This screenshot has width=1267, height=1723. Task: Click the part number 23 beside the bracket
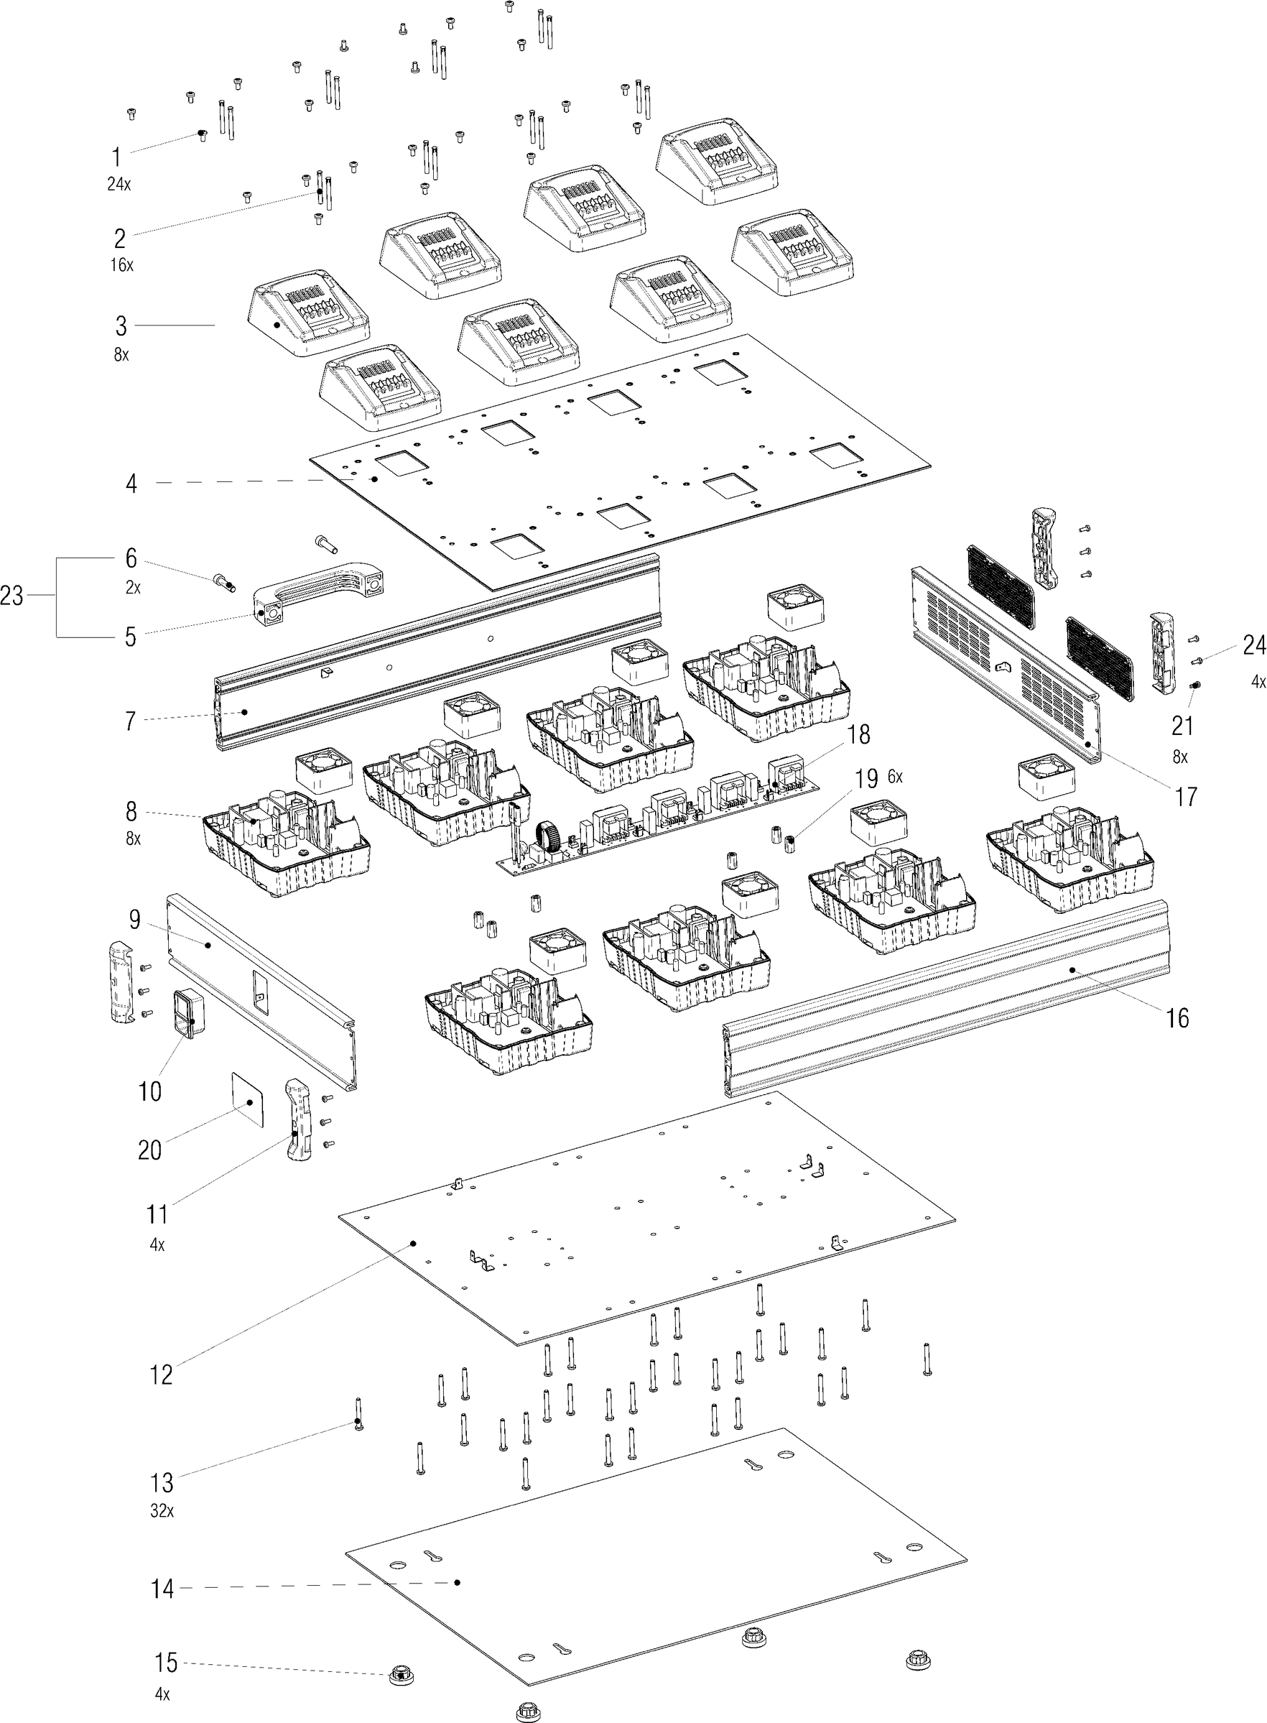(11, 596)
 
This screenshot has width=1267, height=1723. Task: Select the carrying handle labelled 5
(318, 591)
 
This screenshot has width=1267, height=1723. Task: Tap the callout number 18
(858, 734)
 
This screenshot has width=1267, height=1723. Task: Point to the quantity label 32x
(162, 1510)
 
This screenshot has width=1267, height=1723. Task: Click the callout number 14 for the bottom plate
(162, 1589)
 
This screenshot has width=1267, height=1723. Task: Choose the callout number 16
(1177, 1018)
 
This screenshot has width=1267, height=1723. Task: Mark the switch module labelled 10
(188, 1012)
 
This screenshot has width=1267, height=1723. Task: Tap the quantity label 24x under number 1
(119, 184)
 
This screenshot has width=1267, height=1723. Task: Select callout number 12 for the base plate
(161, 1375)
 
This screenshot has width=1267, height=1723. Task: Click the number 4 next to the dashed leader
(132, 484)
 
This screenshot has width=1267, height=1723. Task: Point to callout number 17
(1186, 797)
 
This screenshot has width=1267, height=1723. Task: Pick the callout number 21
(1182, 726)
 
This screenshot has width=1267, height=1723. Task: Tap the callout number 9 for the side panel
(135, 919)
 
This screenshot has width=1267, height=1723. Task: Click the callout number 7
(131, 721)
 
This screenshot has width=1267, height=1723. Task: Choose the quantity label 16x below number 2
(122, 265)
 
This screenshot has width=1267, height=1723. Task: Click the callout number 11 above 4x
(157, 1214)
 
